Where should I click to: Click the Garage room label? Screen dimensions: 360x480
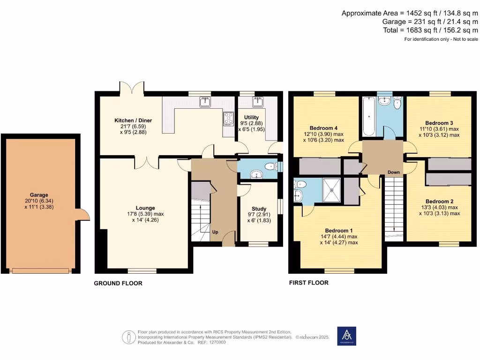(40, 195)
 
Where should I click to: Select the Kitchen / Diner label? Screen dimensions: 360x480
(133, 120)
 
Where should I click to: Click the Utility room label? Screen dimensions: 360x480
(251, 117)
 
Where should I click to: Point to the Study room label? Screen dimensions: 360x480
(259, 209)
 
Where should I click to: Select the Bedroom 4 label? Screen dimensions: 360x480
(323, 128)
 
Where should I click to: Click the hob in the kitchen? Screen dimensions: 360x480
(229, 119)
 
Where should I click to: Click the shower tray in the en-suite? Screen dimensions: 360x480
(333, 190)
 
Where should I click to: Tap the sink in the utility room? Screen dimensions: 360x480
(257, 101)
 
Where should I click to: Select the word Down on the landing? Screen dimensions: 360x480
(393, 172)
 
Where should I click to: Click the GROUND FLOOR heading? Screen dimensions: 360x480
(118, 283)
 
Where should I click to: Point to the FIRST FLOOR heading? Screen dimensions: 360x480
(308, 283)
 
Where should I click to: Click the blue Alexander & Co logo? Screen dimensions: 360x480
(346, 337)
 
